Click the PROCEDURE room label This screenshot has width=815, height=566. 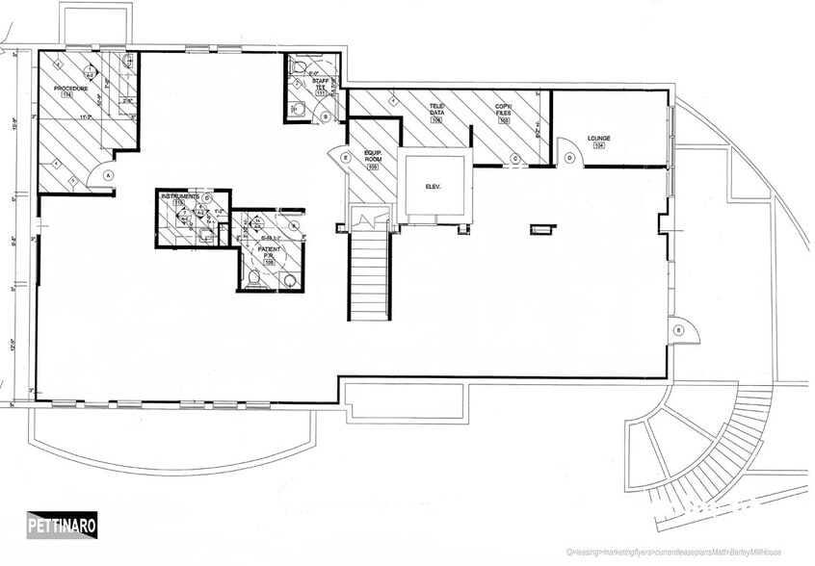(71, 89)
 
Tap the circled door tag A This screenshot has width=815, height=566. (108, 175)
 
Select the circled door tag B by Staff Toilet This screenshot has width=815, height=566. (326, 116)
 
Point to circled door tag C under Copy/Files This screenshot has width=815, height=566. (514, 158)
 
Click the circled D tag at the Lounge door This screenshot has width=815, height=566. (570, 158)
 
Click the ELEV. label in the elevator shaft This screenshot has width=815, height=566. (433, 187)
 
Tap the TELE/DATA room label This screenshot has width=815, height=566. (436, 108)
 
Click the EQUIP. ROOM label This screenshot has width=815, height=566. (374, 156)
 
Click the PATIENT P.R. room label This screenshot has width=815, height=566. (268, 254)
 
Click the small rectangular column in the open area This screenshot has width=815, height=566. (543, 229)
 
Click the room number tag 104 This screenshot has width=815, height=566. (598, 147)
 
